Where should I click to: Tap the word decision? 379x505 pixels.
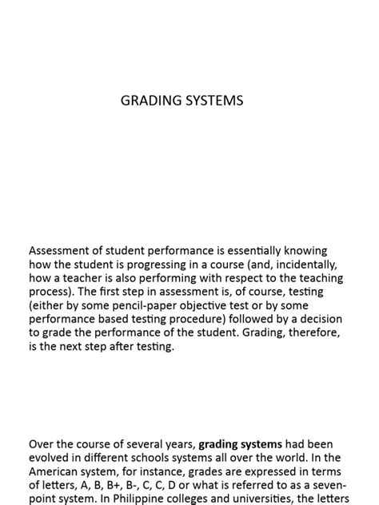[321, 320]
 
